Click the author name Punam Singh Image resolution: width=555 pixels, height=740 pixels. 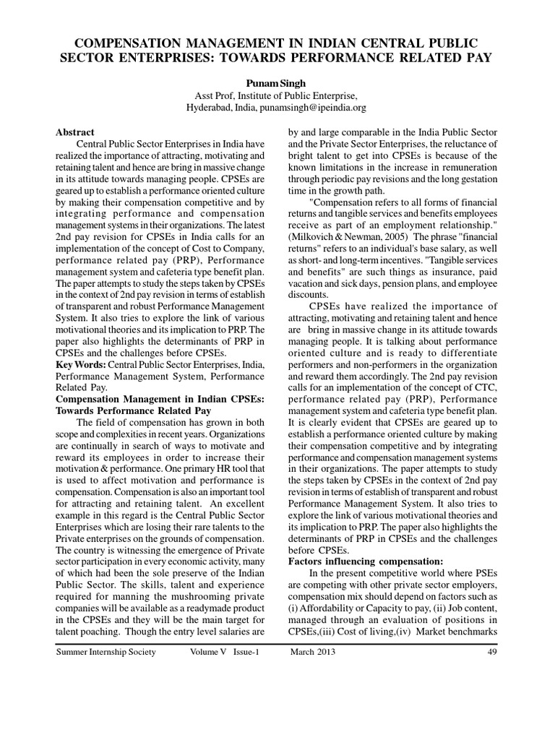click(x=277, y=84)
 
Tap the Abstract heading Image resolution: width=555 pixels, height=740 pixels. click(x=75, y=132)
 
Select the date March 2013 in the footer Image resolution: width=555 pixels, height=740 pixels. click(x=313, y=653)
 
